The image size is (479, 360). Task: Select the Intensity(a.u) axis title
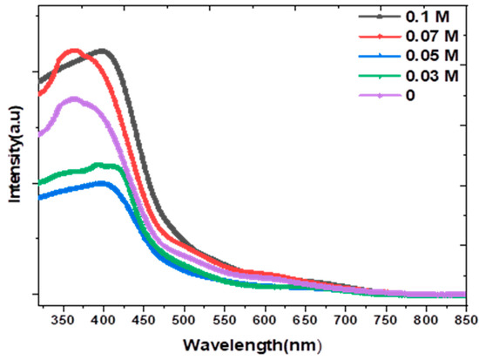(15, 160)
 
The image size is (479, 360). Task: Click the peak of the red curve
(74, 51)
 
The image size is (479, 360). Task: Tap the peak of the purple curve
(72, 98)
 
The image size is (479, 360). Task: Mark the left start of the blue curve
(39, 197)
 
